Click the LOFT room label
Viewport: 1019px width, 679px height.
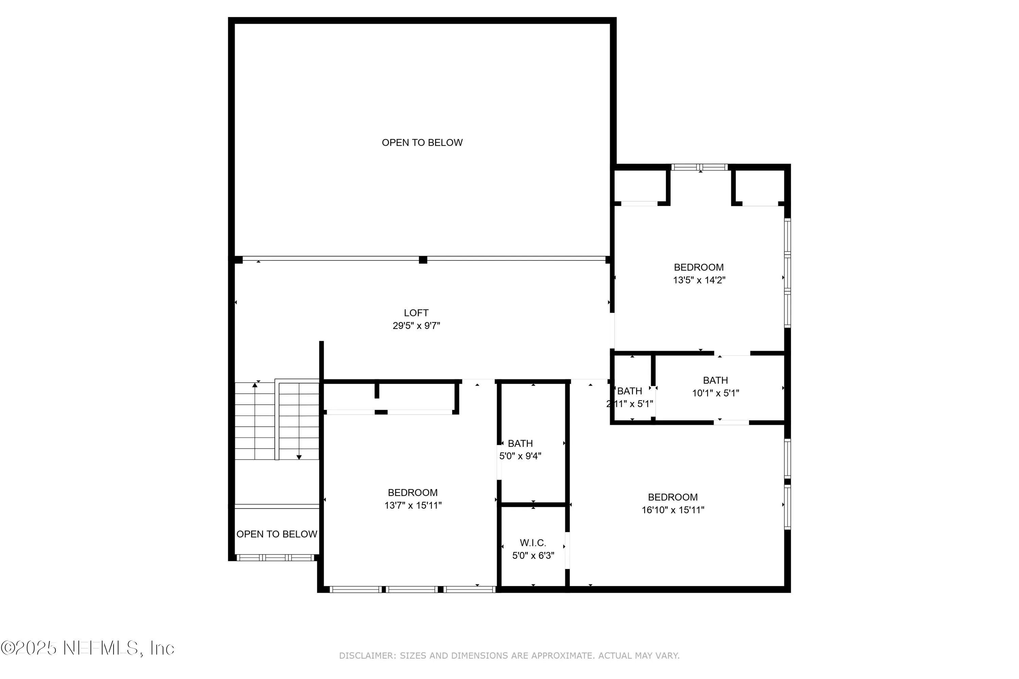point(416,313)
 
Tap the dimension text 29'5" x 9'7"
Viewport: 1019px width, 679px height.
point(416,326)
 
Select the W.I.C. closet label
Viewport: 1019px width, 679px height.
point(533,543)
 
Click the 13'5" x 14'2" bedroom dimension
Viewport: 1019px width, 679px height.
point(698,280)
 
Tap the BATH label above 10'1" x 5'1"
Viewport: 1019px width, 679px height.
point(715,380)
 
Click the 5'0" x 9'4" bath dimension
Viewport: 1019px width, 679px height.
point(520,456)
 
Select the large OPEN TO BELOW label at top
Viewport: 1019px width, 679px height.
point(422,143)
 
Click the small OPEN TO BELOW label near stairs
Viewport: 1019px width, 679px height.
point(276,534)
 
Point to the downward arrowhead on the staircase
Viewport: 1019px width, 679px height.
point(299,457)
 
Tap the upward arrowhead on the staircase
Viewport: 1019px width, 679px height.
point(255,385)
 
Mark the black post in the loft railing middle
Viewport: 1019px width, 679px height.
point(423,260)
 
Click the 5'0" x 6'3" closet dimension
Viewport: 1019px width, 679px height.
point(533,555)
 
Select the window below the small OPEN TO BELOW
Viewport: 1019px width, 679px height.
point(275,558)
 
